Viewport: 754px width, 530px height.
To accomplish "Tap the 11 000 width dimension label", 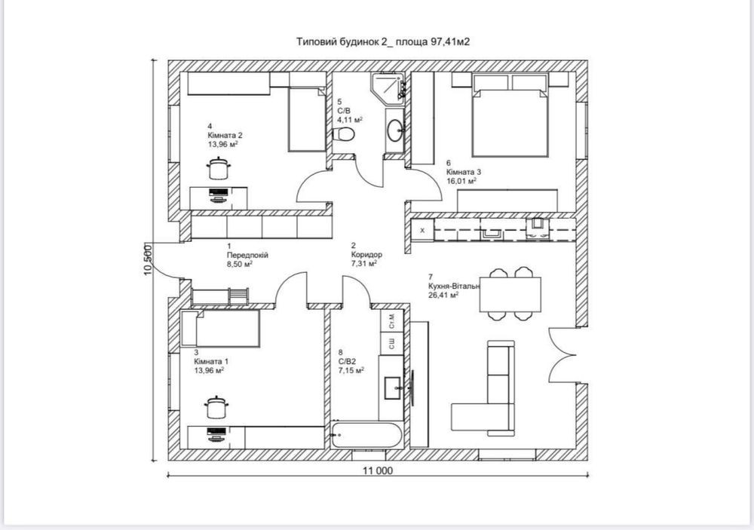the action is click(378, 471).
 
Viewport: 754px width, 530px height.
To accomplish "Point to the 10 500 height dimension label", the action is click(148, 260).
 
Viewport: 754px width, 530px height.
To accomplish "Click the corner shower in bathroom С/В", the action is click(388, 87).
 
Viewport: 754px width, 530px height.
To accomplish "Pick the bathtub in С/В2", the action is click(366, 435).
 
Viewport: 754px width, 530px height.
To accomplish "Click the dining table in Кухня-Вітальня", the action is click(510, 294).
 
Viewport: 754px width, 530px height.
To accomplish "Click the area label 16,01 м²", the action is click(461, 181).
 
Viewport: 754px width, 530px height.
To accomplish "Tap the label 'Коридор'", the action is click(366, 254).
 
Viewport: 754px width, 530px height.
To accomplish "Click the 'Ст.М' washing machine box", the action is click(392, 320).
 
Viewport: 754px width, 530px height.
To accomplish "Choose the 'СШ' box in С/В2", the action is click(392, 343).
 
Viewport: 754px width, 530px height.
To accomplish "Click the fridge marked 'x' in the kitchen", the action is click(423, 231).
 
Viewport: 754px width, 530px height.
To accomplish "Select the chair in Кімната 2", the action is click(219, 168).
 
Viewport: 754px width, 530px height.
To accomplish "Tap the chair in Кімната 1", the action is click(216, 407).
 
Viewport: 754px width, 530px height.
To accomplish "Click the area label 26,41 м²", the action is click(443, 295).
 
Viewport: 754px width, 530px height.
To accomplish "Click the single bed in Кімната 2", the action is click(308, 120).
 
